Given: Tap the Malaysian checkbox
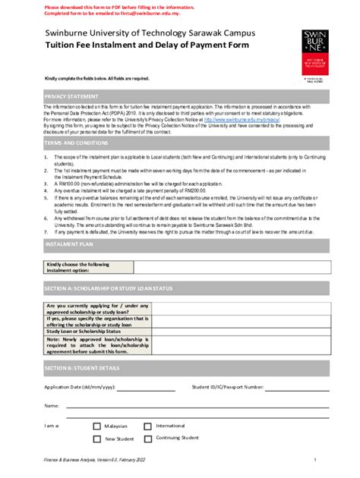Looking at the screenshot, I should pyautogui.click(x=96, y=426).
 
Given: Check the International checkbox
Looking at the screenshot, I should pyautogui.click(x=148, y=426).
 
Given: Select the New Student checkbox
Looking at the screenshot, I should pyautogui.click(x=96, y=439).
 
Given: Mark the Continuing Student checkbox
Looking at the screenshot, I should pyautogui.click(x=148, y=439).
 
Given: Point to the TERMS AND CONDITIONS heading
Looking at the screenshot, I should pyautogui.click(x=76, y=143).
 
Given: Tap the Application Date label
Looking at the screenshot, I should pyautogui.click(x=80, y=387).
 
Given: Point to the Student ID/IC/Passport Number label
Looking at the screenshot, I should pyautogui.click(x=228, y=387).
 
